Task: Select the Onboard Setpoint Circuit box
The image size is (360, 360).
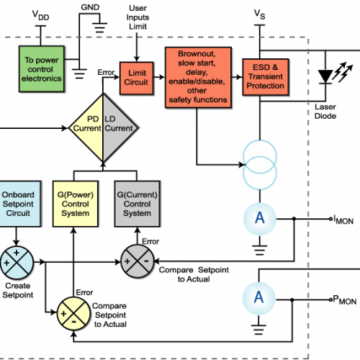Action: pyautogui.click(x=22, y=203)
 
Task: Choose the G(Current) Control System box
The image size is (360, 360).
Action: pyautogui.click(x=138, y=203)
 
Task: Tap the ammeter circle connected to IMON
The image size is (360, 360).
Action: pyautogui.click(x=258, y=220)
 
